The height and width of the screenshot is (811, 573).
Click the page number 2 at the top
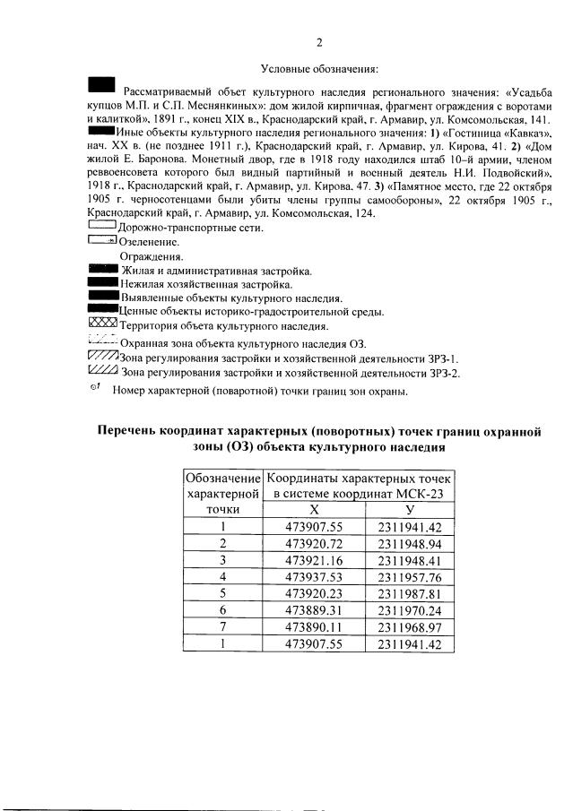click(x=319, y=41)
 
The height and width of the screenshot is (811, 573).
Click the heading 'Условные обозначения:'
click(x=320, y=69)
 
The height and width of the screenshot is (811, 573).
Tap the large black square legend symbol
click(x=102, y=85)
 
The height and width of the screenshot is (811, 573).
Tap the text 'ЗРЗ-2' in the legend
click(x=442, y=373)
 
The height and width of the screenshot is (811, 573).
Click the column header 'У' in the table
click(x=409, y=509)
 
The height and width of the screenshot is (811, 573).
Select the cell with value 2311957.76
click(x=410, y=577)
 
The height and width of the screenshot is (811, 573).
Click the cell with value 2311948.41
click(x=410, y=560)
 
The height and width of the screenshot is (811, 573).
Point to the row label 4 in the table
click(x=222, y=577)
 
